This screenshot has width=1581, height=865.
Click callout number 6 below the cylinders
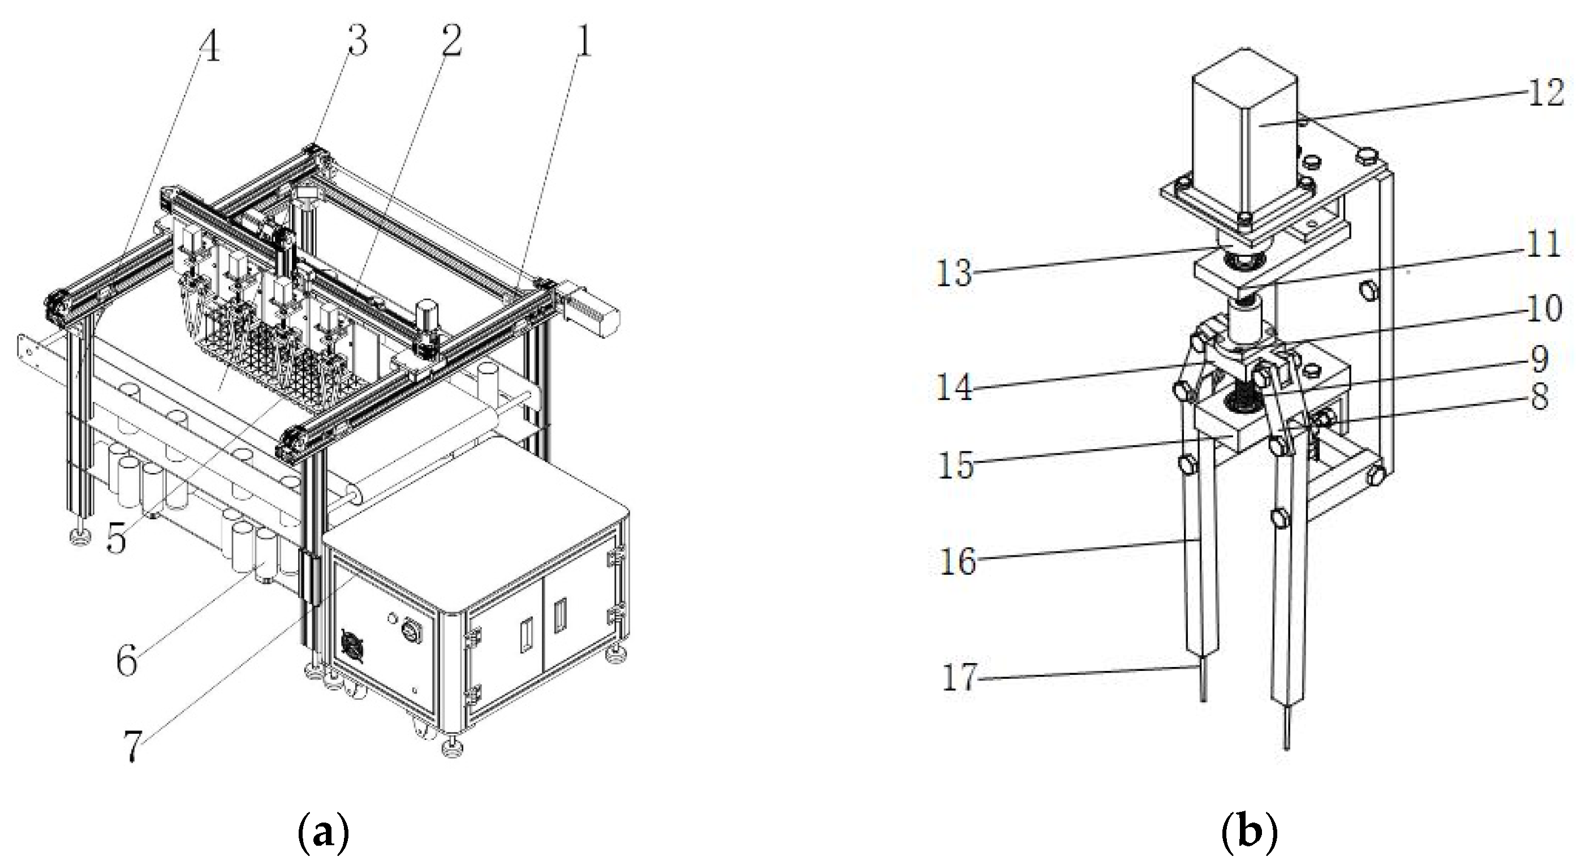[x=127, y=662]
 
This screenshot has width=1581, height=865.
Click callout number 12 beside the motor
[x=1545, y=93]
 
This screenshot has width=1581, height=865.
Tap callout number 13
[x=954, y=273]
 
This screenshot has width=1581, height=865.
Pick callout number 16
[x=958, y=561]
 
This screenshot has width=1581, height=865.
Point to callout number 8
[x=1539, y=397]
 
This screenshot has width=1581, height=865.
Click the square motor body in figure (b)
[x=1243, y=135]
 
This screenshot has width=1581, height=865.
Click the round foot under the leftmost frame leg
[x=80, y=539]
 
